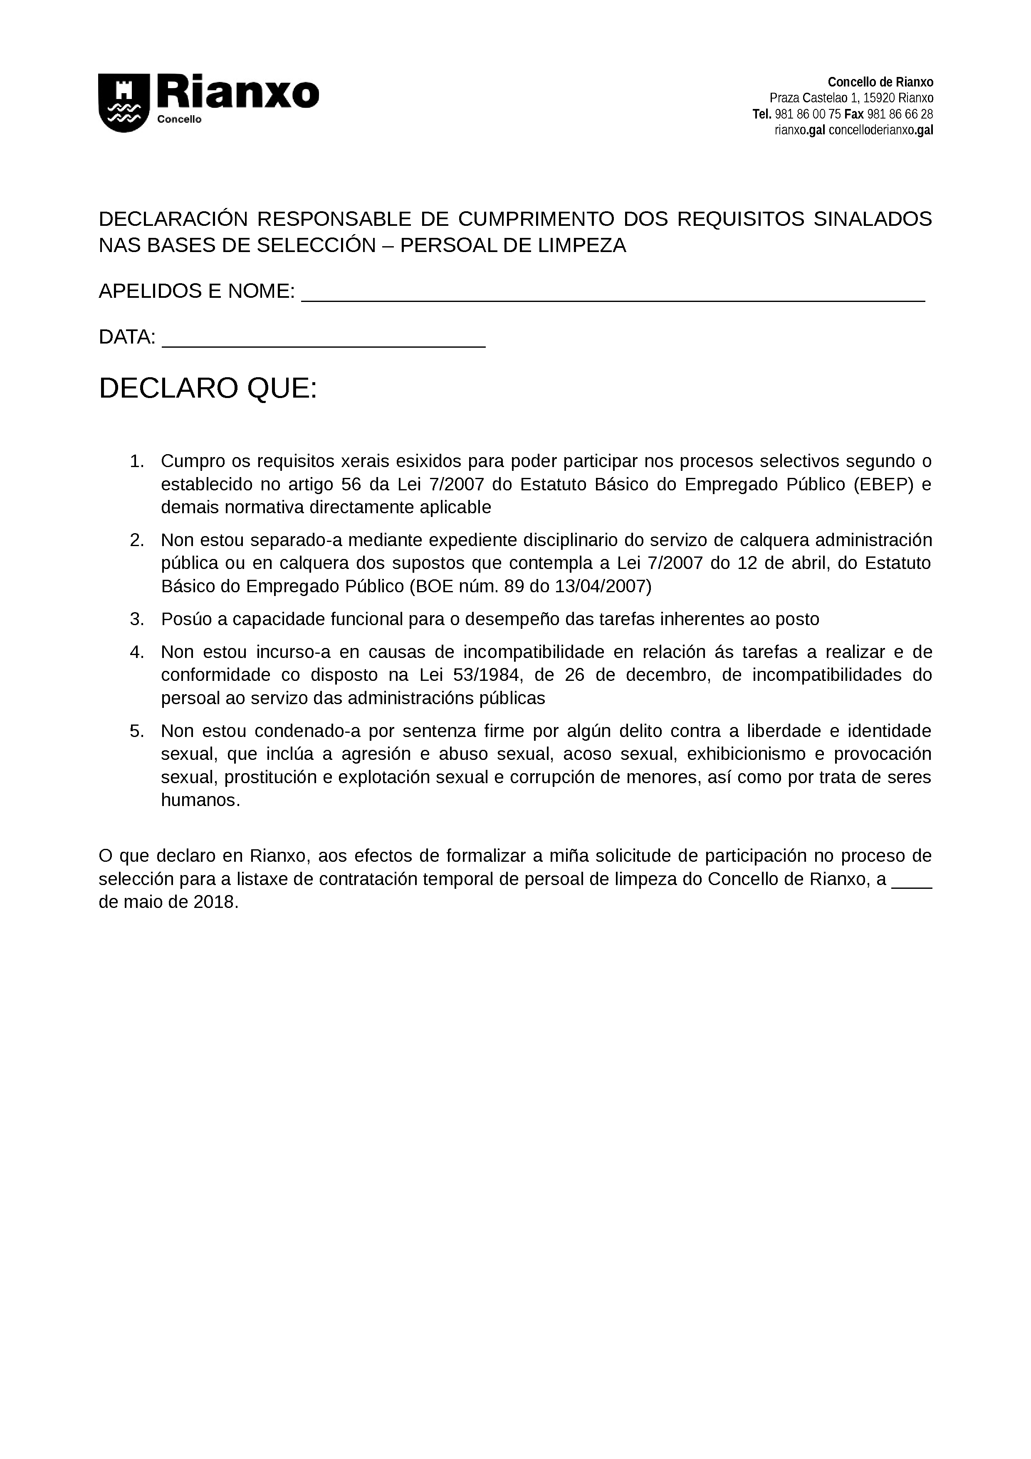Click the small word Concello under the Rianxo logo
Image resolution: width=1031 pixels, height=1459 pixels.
click(179, 119)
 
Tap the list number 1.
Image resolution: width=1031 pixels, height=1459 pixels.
click(136, 461)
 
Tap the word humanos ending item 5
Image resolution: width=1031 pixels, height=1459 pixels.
click(198, 800)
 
